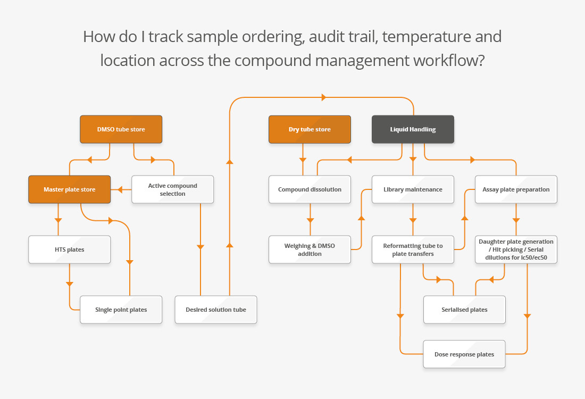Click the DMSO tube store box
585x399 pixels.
point(121,129)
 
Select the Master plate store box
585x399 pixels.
point(69,189)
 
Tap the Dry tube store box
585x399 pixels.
point(310,129)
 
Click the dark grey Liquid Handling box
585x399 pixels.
point(413,129)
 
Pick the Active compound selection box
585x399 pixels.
point(172,189)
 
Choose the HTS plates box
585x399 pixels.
point(69,250)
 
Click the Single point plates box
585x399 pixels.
point(121,310)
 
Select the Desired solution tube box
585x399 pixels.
point(215,310)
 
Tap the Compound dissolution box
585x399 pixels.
point(310,189)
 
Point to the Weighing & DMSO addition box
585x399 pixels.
point(310,250)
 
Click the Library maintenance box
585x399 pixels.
point(413,189)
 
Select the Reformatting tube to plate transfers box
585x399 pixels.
point(413,250)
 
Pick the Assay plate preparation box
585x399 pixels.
point(516,189)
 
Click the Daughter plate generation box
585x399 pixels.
point(516,250)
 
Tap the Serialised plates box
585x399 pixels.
point(464,310)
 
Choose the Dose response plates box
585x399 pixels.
point(464,354)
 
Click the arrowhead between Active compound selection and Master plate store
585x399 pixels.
point(121,189)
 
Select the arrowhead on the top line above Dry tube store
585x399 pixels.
point(323,97)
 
